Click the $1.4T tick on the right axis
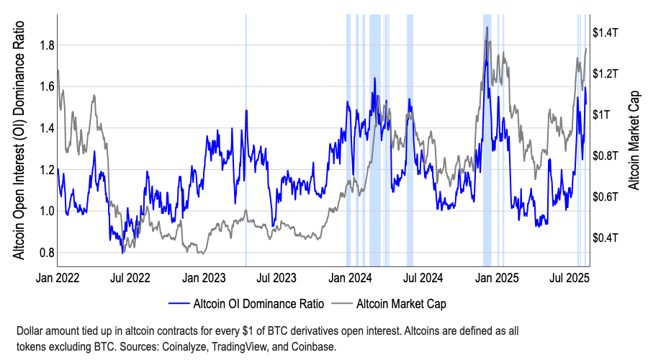(606, 32)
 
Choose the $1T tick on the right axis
(601, 114)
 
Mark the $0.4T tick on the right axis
(606, 238)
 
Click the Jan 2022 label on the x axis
(58, 276)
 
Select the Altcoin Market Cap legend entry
(401, 303)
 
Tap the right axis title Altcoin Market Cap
(634, 140)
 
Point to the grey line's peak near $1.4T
(487, 28)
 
